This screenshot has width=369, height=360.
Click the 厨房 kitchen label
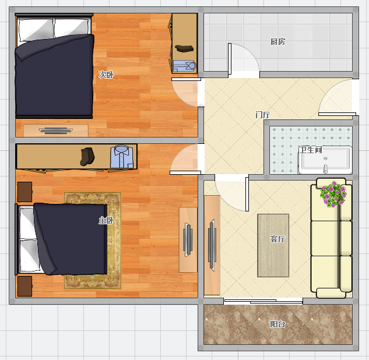click(277, 41)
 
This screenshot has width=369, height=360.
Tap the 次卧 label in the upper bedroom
click(106, 75)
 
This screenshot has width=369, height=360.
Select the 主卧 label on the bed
click(106, 220)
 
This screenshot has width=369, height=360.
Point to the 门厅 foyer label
click(263, 115)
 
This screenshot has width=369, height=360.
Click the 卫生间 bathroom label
click(311, 150)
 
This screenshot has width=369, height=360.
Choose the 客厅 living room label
click(277, 239)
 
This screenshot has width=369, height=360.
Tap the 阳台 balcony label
click(277, 324)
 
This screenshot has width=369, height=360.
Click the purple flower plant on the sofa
click(333, 194)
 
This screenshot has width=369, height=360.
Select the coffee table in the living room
click(273, 245)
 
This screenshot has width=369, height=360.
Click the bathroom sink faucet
click(325, 168)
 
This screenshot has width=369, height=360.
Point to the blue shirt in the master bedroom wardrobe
click(122, 157)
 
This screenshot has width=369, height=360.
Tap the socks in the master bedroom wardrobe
click(87, 157)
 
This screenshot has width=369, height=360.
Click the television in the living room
click(212, 245)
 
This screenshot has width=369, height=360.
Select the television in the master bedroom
click(188, 239)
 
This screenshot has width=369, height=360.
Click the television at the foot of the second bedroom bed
click(56, 130)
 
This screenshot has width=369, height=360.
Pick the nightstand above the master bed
click(24, 192)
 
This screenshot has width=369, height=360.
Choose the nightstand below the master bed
click(24, 286)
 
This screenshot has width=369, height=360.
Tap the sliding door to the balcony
click(263, 301)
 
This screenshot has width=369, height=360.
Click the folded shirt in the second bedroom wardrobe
click(184, 66)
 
